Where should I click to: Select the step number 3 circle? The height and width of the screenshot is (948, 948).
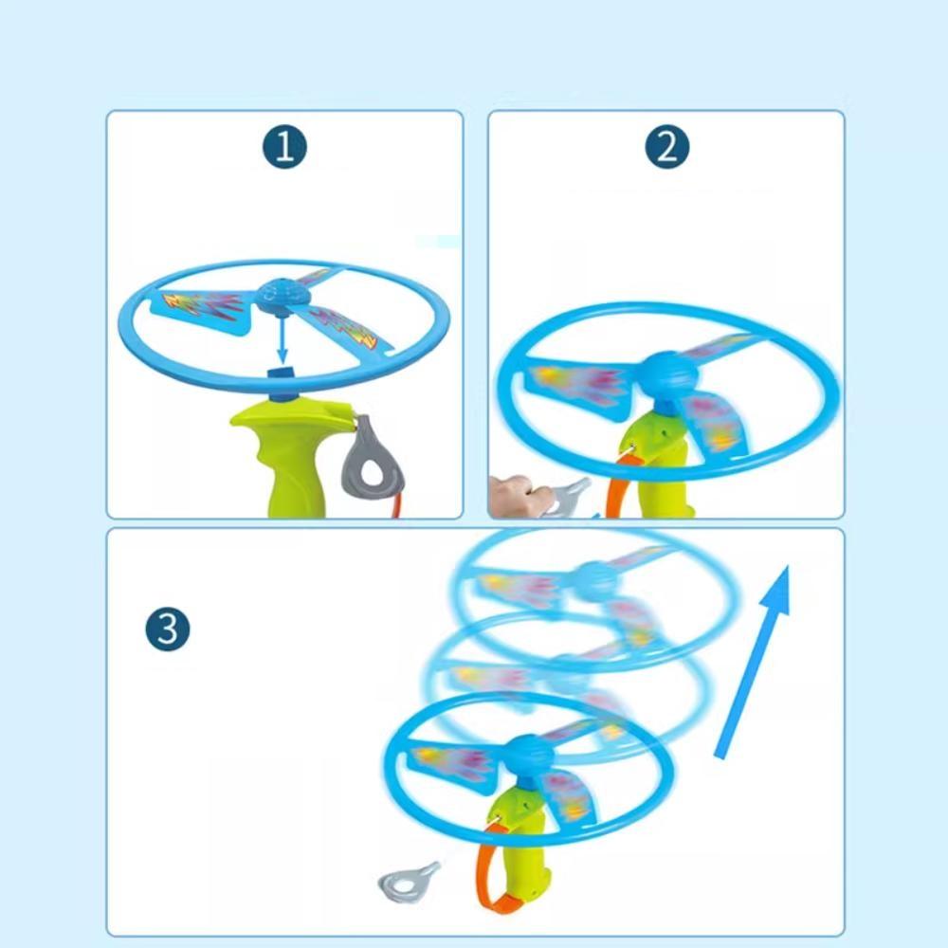coord(168,629)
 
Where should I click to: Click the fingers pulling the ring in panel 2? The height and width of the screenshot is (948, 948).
coord(512,490)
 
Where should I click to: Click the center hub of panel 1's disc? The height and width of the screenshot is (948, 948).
coord(282,291)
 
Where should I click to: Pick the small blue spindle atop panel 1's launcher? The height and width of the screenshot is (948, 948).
coord(282,374)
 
